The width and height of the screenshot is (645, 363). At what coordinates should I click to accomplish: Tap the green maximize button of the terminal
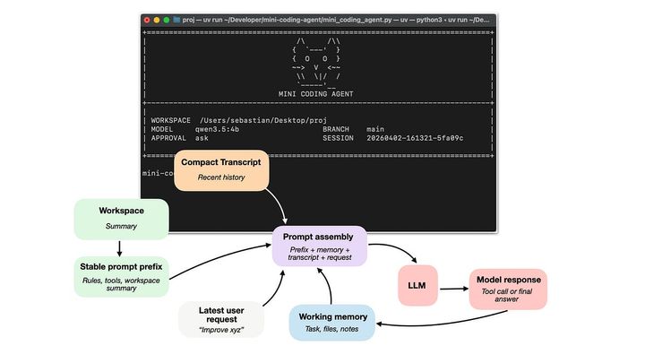pos(168,19)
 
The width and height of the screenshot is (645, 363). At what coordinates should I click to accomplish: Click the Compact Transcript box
pos(221,169)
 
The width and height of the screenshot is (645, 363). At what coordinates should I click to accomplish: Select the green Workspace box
pos(121,219)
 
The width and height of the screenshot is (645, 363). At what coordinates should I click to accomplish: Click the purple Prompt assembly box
pos(321,245)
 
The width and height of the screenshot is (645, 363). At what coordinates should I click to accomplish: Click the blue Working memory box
pos(332,322)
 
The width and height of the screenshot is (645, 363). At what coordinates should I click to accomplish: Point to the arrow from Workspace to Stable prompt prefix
pos(120,246)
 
